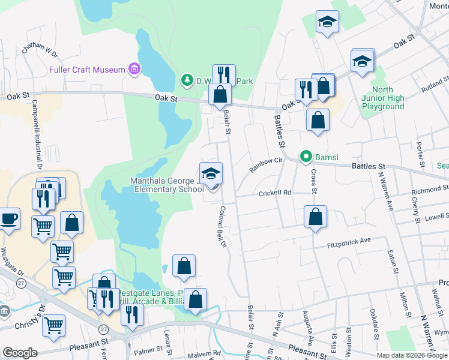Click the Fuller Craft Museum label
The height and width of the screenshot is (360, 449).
87,70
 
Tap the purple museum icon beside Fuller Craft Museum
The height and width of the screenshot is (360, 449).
134,70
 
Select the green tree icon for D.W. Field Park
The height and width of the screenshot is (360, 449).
187,80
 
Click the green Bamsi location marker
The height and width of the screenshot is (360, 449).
306,158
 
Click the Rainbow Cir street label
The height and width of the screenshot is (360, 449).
266,164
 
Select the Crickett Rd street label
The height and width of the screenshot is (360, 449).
275,193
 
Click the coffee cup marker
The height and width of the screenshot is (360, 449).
8,219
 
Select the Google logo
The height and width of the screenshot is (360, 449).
20,352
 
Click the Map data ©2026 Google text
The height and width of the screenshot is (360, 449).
411,355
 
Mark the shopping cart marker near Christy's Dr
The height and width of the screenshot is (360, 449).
54,326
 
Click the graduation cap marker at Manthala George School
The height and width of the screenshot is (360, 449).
211,175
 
